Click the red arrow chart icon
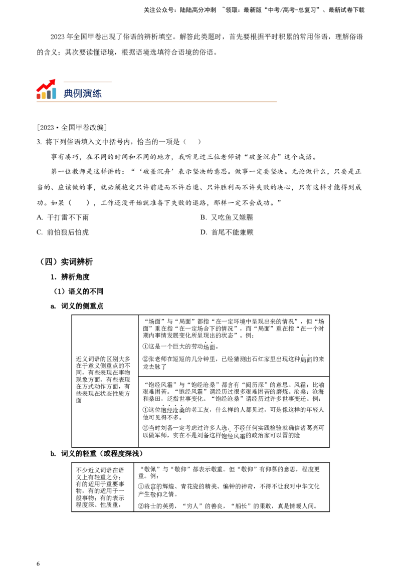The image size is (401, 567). (x=46, y=89)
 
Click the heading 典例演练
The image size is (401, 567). (x=83, y=93)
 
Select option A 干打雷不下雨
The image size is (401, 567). (x=63, y=217)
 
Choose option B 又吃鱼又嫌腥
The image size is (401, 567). (x=227, y=217)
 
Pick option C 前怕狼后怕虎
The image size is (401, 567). (x=63, y=232)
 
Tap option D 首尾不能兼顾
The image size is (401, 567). (x=227, y=232)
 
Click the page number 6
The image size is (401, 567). (x=38, y=563)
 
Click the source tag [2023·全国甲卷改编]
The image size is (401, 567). (x=72, y=127)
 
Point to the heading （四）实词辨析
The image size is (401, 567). (x=66, y=262)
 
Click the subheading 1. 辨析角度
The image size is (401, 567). (x=70, y=277)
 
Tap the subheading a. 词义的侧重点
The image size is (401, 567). (x=77, y=306)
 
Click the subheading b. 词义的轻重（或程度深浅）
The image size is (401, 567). (x=97, y=453)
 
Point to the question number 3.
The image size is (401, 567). (x=39, y=142)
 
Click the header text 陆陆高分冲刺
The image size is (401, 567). (x=198, y=10)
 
